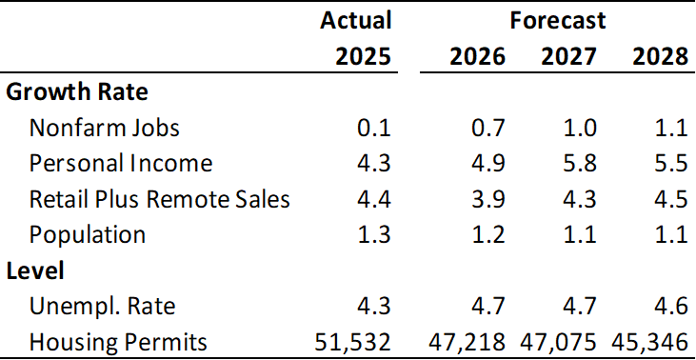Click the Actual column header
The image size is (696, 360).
[356, 21]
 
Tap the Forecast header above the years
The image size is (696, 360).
[558, 21]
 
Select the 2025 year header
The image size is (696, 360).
[363, 57]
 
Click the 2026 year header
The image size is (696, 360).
[478, 57]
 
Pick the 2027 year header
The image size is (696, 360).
[568, 57]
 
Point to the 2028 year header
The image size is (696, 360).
[660, 57]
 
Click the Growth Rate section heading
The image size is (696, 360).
[77, 92]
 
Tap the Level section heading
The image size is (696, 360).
[35, 270]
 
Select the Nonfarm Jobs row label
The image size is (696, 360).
[105, 129]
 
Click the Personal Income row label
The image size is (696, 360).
[121, 164]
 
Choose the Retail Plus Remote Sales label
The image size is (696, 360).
[159, 199]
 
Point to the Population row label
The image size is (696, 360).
[87, 235]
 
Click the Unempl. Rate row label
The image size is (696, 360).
[102, 307]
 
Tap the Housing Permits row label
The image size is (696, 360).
[118, 342]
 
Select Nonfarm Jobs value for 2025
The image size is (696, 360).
[374, 129]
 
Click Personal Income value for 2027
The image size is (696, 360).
[580, 164]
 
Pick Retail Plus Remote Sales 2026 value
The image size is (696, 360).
[488, 199]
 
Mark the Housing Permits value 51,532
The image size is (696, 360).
[353, 342]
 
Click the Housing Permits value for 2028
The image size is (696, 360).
[649, 342]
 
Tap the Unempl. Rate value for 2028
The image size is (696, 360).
[670, 307]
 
